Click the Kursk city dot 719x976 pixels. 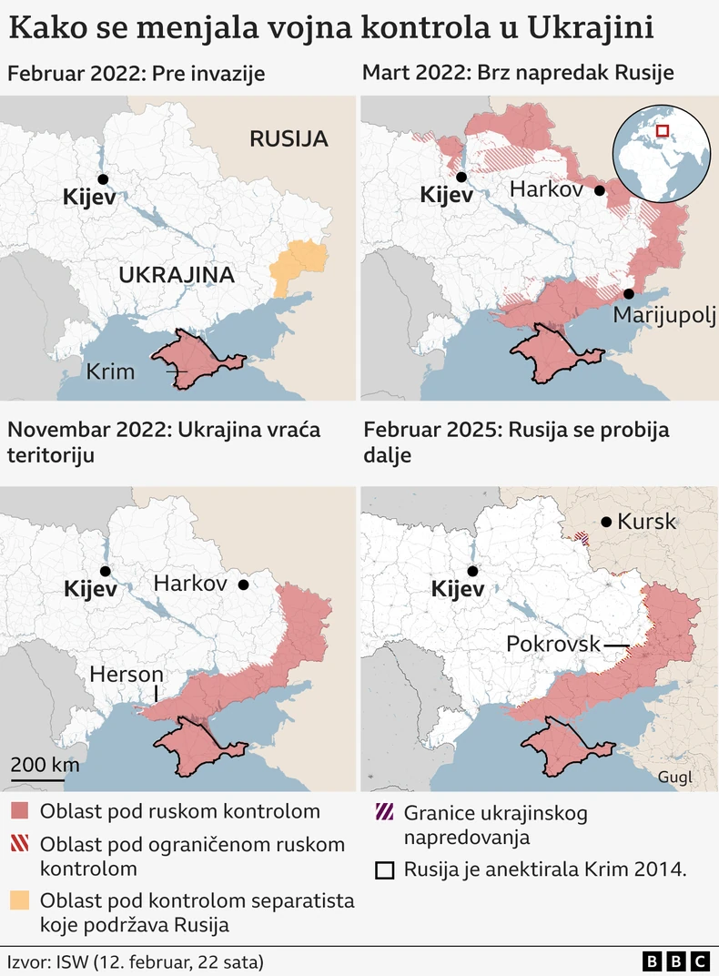[605, 522]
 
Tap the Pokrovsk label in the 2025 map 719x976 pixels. [552, 645]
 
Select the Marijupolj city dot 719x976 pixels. [629, 293]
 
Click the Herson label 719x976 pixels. [126, 675]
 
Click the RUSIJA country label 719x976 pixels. [288, 139]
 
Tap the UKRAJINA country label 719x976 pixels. [177, 275]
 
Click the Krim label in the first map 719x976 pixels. [111, 371]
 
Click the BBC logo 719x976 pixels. [675, 961]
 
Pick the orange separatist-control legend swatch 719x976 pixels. [20, 901]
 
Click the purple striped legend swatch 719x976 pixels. [384, 812]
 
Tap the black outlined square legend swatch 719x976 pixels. [384, 870]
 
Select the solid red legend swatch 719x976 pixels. [20, 811]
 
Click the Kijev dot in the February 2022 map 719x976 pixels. [103, 179]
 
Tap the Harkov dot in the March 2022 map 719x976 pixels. [599, 190]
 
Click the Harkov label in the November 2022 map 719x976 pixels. [190, 584]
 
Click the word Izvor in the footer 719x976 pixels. [27, 961]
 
